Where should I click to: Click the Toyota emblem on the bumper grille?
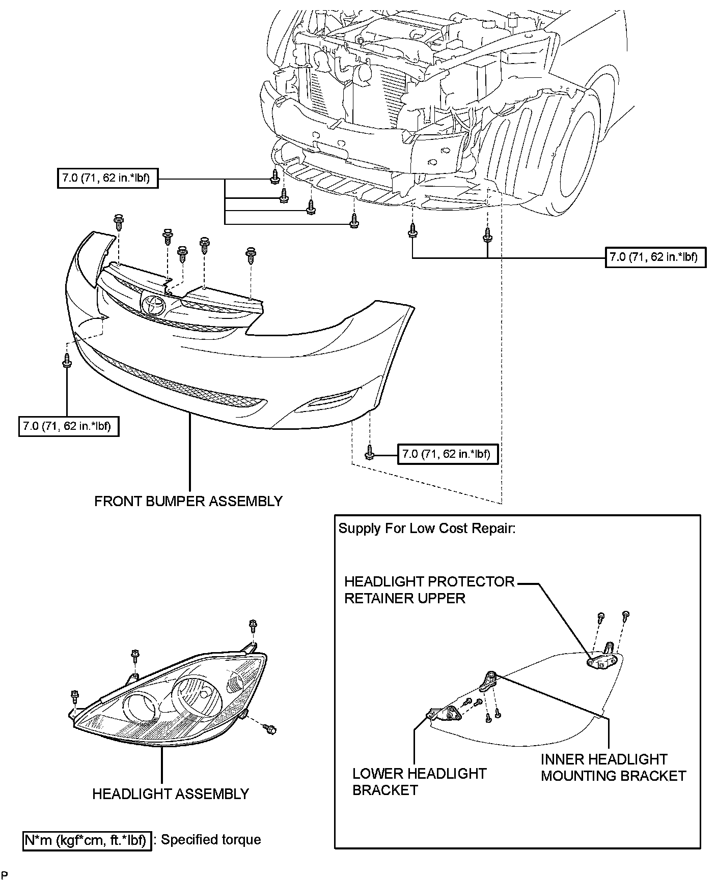click(x=153, y=306)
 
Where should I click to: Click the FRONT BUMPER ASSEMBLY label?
click(x=188, y=501)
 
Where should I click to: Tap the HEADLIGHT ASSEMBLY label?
click(x=171, y=794)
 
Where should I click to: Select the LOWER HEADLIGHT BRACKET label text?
click(x=419, y=782)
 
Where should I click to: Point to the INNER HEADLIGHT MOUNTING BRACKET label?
click(x=613, y=768)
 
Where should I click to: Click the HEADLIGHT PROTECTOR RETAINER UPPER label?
click(x=429, y=590)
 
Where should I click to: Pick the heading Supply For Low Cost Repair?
click(x=427, y=528)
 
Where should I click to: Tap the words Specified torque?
click(x=211, y=840)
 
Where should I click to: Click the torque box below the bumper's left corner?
click(x=69, y=426)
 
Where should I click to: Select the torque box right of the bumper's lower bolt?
click(x=446, y=454)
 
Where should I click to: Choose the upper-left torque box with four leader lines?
click(x=107, y=179)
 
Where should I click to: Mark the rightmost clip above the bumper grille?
click(x=251, y=254)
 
